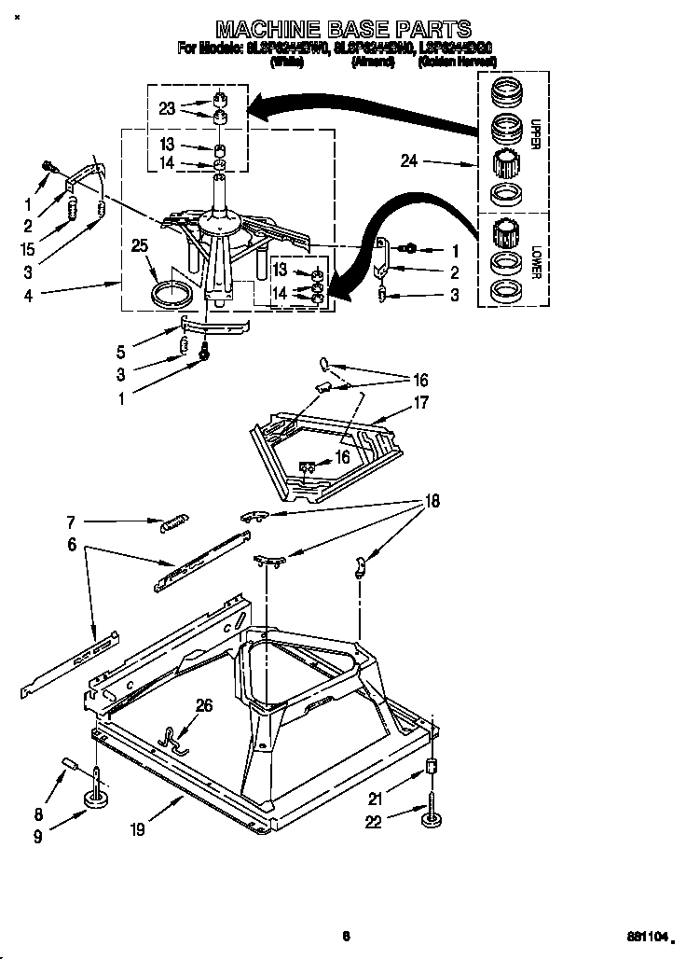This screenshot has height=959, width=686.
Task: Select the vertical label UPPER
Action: [x=534, y=134]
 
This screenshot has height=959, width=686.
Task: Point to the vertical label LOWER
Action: [x=534, y=260]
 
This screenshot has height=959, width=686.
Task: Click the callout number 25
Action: [x=140, y=246]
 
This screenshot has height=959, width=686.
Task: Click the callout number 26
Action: [x=204, y=705]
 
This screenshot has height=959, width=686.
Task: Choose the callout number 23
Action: [x=167, y=107]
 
